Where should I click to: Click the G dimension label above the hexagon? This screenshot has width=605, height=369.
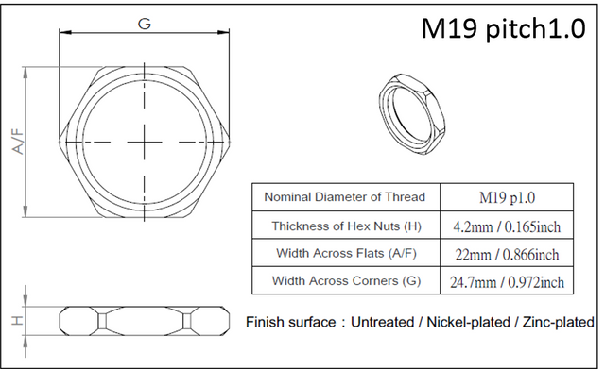coord(145,24)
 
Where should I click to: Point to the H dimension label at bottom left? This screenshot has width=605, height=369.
coord(17,321)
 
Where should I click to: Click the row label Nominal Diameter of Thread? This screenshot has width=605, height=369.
coord(344,197)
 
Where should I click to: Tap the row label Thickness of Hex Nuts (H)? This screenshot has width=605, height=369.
coord(344,226)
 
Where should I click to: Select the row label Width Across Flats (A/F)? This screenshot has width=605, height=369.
coord(344,254)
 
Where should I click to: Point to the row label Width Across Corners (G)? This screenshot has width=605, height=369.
coord(344,281)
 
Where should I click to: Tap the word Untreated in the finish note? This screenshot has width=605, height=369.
coord(384,323)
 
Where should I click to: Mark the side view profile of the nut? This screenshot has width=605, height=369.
coord(145,321)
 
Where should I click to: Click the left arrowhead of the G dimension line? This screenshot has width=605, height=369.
coord(63,33)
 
